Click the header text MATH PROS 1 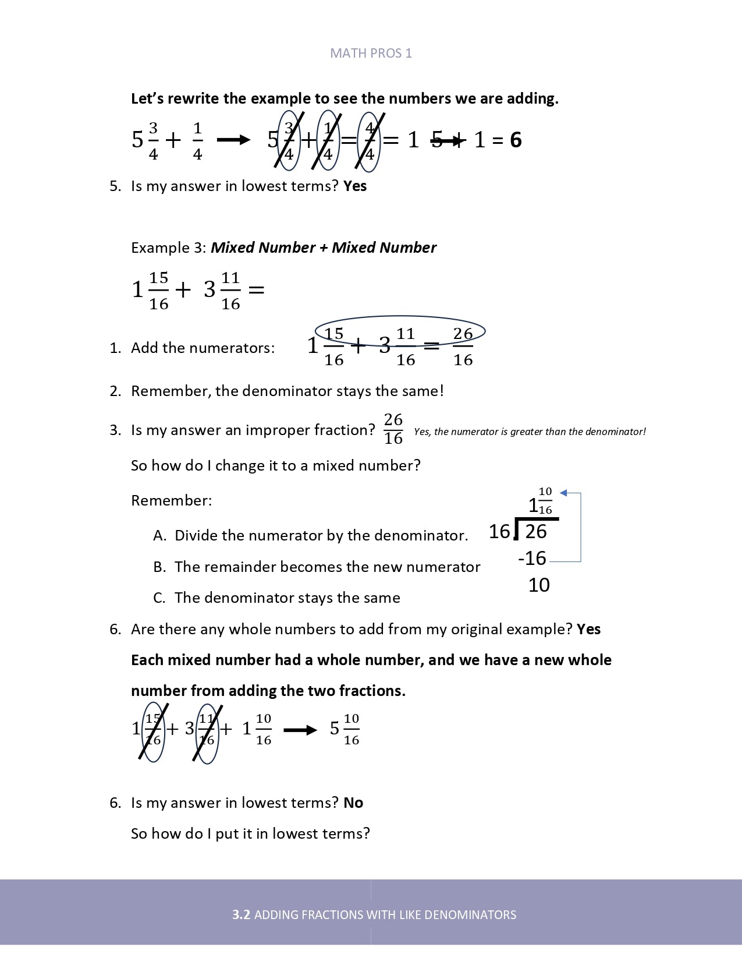click(371, 53)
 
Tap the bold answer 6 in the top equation click(516, 140)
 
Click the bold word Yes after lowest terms click(355, 186)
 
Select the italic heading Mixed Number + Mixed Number click(323, 248)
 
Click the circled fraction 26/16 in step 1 click(463, 346)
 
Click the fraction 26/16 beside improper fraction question click(393, 429)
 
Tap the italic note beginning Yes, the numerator click(530, 432)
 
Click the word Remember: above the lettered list click(171, 500)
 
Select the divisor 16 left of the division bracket click(499, 531)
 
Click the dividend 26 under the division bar click(536, 531)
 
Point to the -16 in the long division click(532, 558)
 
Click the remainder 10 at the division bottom click(539, 585)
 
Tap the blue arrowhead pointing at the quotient click(563, 493)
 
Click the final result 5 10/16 click(345, 729)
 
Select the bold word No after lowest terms click(353, 803)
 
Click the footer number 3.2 click(241, 914)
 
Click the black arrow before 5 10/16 click(300, 730)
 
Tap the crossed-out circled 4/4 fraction click(369, 140)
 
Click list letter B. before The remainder click(159, 567)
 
